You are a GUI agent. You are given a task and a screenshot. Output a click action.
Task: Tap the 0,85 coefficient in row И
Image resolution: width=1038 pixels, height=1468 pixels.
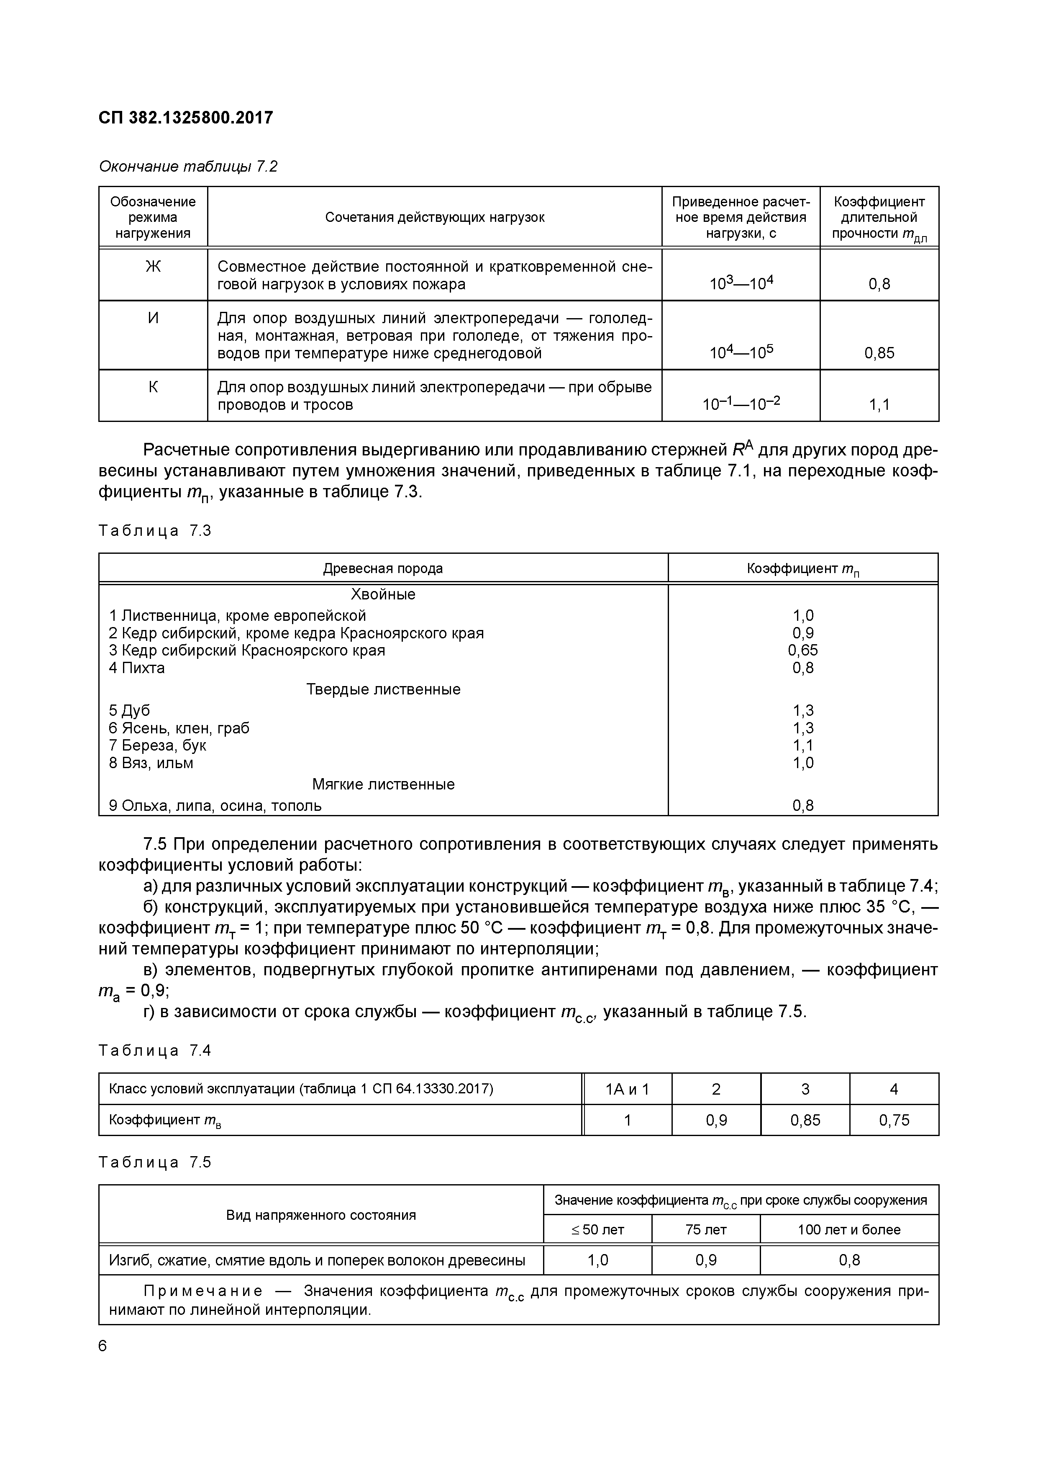pyautogui.click(x=879, y=353)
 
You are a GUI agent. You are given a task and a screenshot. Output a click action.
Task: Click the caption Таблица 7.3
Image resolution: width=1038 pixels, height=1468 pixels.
pyautogui.click(x=155, y=531)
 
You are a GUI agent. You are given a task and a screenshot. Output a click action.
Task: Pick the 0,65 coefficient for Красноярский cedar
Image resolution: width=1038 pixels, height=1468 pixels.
pyautogui.click(x=803, y=650)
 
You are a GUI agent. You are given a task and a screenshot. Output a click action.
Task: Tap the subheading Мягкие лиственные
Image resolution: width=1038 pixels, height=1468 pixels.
pyautogui.click(x=384, y=784)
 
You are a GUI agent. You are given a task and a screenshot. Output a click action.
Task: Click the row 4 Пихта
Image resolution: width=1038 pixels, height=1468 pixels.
pyautogui.click(x=137, y=668)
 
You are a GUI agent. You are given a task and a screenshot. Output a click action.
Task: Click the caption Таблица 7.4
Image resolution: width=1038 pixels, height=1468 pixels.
pyautogui.click(x=155, y=1051)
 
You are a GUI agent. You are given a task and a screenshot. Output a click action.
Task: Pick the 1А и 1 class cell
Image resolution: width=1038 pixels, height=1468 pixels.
pyautogui.click(x=627, y=1089)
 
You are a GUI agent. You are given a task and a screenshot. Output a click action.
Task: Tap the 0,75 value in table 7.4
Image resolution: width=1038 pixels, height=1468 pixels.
pyautogui.click(x=894, y=1120)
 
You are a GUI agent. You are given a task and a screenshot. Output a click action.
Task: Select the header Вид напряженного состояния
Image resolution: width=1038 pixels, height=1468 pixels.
pyautogui.click(x=321, y=1215)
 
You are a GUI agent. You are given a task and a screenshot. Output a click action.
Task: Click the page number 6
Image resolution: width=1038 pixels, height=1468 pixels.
pyautogui.click(x=103, y=1346)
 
